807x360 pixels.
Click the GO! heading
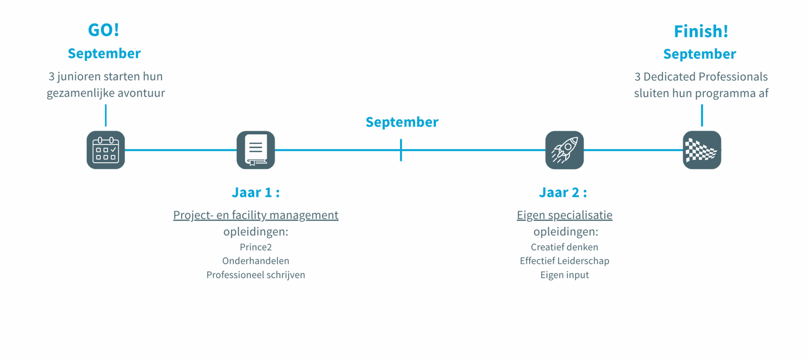coord(103,30)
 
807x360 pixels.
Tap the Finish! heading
coord(701,32)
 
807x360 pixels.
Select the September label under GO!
coord(104,54)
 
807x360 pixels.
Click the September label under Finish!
coord(700,54)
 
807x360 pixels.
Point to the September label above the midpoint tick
coord(402,122)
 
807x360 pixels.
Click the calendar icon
coord(106,150)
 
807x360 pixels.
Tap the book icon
coord(256,150)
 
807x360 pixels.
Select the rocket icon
coord(565,150)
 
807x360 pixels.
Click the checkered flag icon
coord(702,150)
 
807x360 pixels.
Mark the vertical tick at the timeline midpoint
coord(401,150)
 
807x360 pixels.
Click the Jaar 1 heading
coord(256,193)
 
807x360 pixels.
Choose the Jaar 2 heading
coord(563,193)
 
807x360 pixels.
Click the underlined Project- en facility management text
coord(256,215)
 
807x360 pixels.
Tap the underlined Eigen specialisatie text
coord(565,215)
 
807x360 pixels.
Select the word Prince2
coord(256,247)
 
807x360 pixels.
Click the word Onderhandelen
coord(256,261)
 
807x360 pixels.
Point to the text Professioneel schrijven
coord(256,275)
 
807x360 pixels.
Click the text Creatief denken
coord(565,247)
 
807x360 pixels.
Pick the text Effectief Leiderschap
coord(565,261)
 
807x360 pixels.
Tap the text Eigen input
coord(565,275)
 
